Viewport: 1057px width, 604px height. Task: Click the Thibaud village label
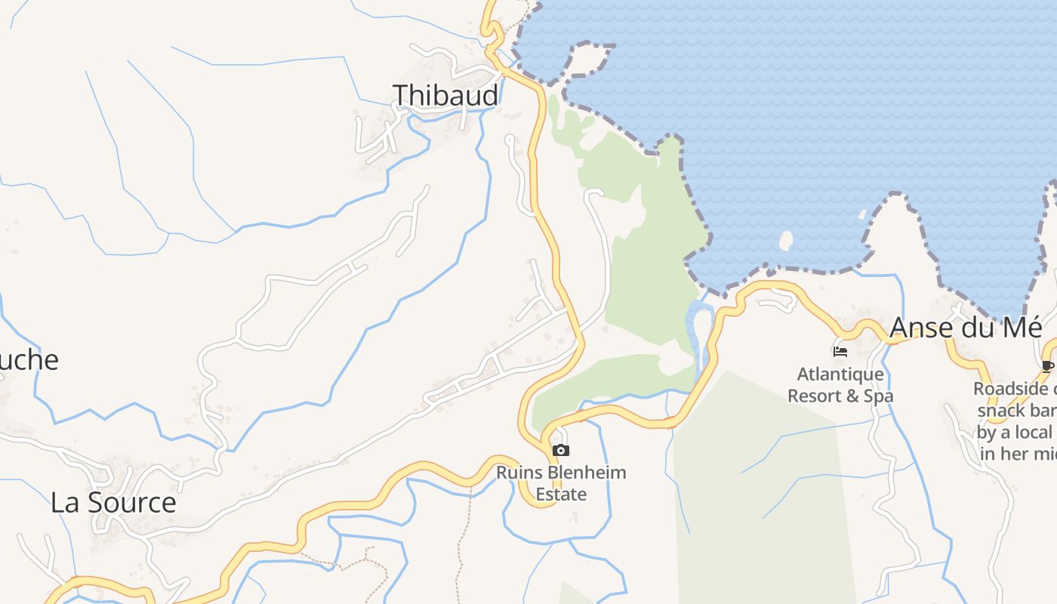click(445, 95)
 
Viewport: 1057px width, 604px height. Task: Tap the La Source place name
click(113, 502)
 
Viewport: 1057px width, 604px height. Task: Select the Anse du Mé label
click(966, 328)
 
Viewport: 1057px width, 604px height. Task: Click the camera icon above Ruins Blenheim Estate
click(560, 451)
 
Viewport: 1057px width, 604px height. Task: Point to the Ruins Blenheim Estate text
click(561, 483)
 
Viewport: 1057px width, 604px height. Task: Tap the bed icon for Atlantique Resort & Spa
click(840, 351)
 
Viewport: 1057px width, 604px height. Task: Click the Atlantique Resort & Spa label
click(840, 384)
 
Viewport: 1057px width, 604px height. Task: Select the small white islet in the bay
click(786, 241)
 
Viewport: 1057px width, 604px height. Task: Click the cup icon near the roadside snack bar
click(1047, 367)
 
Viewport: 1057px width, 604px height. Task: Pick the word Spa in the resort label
click(879, 396)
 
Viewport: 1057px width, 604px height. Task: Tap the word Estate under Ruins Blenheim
click(561, 495)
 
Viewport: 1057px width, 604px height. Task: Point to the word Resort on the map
click(816, 396)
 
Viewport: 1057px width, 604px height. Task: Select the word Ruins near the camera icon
click(519, 473)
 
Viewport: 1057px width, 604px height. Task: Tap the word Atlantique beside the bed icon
click(840, 374)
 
